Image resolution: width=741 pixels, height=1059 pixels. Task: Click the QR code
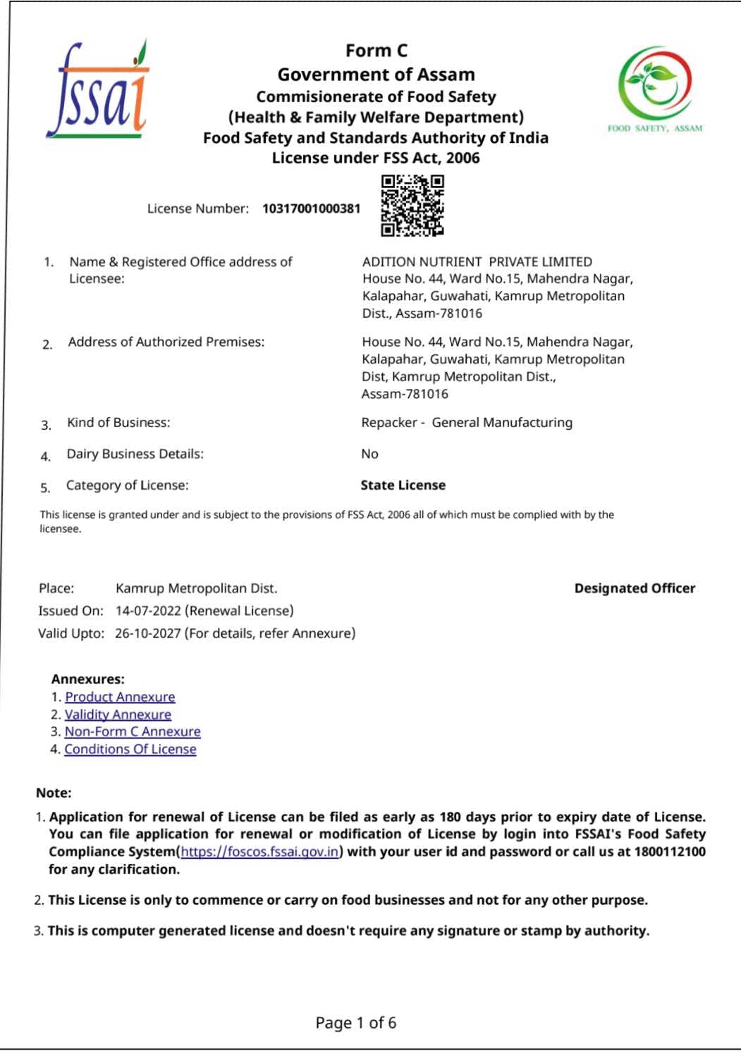[x=412, y=206]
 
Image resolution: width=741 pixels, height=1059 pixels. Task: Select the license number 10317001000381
[x=311, y=209]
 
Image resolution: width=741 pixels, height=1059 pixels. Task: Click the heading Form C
[x=376, y=51]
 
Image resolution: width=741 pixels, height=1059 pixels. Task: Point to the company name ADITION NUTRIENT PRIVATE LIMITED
[x=477, y=262]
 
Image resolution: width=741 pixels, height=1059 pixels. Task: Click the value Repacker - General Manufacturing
[x=467, y=423]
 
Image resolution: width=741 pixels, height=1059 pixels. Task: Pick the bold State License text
[x=403, y=485]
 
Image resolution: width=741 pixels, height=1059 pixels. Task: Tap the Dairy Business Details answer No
[x=369, y=454]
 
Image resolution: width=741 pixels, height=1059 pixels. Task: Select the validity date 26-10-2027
[x=147, y=633]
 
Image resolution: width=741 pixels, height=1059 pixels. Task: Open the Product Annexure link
[x=120, y=697]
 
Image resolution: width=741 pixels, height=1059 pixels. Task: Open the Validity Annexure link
[x=118, y=714]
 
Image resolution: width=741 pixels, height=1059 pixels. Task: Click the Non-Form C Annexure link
[x=133, y=732]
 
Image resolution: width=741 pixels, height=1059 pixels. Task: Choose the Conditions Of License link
[x=130, y=749]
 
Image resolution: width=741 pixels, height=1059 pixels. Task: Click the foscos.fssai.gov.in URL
[x=260, y=852]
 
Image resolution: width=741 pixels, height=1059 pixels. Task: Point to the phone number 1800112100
[x=670, y=852]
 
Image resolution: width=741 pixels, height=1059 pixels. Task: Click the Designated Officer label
[x=635, y=588]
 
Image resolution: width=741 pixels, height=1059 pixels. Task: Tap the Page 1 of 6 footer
[x=356, y=1022]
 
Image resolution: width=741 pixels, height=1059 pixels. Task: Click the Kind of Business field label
[x=118, y=423]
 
